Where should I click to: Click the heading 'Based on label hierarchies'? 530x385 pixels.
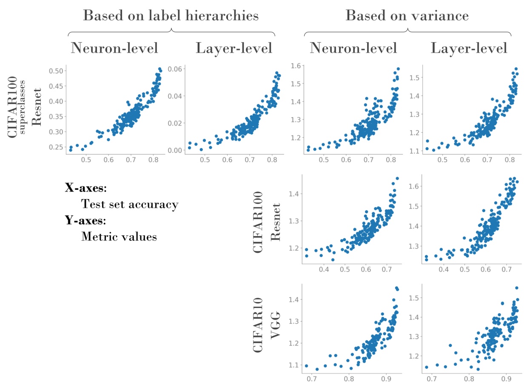coord(171,16)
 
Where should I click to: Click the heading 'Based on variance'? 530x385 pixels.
coord(407,16)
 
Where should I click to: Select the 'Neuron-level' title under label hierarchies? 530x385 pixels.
coord(114,48)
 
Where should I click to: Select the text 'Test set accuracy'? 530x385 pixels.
coord(129,204)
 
